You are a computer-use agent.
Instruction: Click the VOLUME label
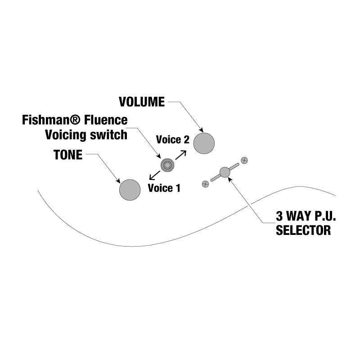click(x=142, y=102)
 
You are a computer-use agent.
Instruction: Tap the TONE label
click(x=68, y=155)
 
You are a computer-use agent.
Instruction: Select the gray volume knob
click(x=204, y=143)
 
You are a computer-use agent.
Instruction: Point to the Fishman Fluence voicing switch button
click(x=167, y=165)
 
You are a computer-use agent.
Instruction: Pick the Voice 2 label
click(x=172, y=139)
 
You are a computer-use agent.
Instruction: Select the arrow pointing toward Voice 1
click(x=153, y=176)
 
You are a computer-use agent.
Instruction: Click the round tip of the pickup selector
click(x=225, y=171)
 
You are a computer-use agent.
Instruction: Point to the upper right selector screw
click(x=245, y=160)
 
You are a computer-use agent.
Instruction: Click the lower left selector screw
click(x=205, y=183)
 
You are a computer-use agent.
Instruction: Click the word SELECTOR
click(x=303, y=231)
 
